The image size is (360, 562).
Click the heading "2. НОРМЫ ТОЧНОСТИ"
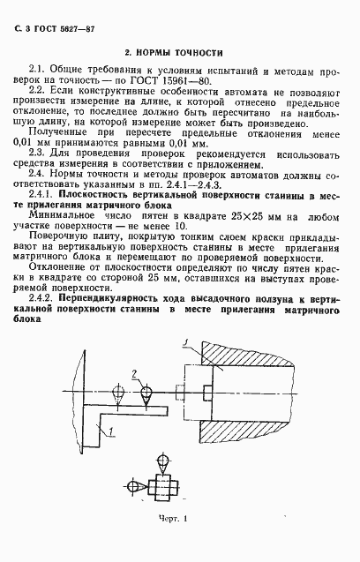click(172, 54)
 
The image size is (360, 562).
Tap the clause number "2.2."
click(40, 91)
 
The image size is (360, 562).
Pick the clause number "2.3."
click(40, 152)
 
